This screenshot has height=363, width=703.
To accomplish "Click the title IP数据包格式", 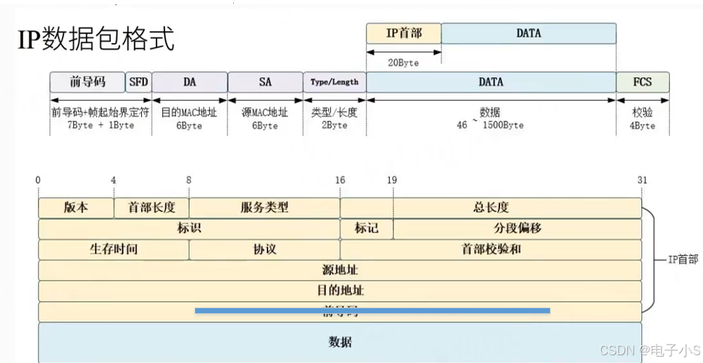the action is pos(96,39).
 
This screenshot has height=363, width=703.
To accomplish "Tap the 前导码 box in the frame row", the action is pos(87,82).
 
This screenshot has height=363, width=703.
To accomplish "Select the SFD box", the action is pos(138,82).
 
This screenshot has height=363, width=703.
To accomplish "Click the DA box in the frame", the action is pos(190,82).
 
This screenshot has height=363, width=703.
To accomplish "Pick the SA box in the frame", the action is pos(265,82).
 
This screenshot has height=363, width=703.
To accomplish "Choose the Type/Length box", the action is pos(334,82).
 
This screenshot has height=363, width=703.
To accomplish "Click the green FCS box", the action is pos(642,82).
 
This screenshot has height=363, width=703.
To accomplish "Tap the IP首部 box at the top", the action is pos(403,33).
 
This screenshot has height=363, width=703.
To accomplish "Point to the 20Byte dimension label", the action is pos(403,62).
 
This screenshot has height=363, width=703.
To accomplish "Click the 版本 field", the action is pos(76,208).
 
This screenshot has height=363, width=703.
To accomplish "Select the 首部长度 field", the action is pos(151,208).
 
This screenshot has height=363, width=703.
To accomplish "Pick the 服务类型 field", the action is pos(264,208).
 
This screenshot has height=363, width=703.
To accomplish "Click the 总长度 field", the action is pos(491,208).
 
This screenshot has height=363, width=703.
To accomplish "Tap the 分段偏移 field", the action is pos(518,228).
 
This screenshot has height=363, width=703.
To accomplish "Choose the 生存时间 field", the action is pos(113,249).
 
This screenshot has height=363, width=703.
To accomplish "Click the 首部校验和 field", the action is pos(491,249).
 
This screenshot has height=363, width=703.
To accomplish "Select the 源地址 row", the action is pos(340,270).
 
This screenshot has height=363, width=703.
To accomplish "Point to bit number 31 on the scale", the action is pos(642,180).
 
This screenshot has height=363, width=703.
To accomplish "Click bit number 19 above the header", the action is pos(392,180).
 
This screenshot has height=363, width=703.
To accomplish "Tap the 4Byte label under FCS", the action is pos(643,126).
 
